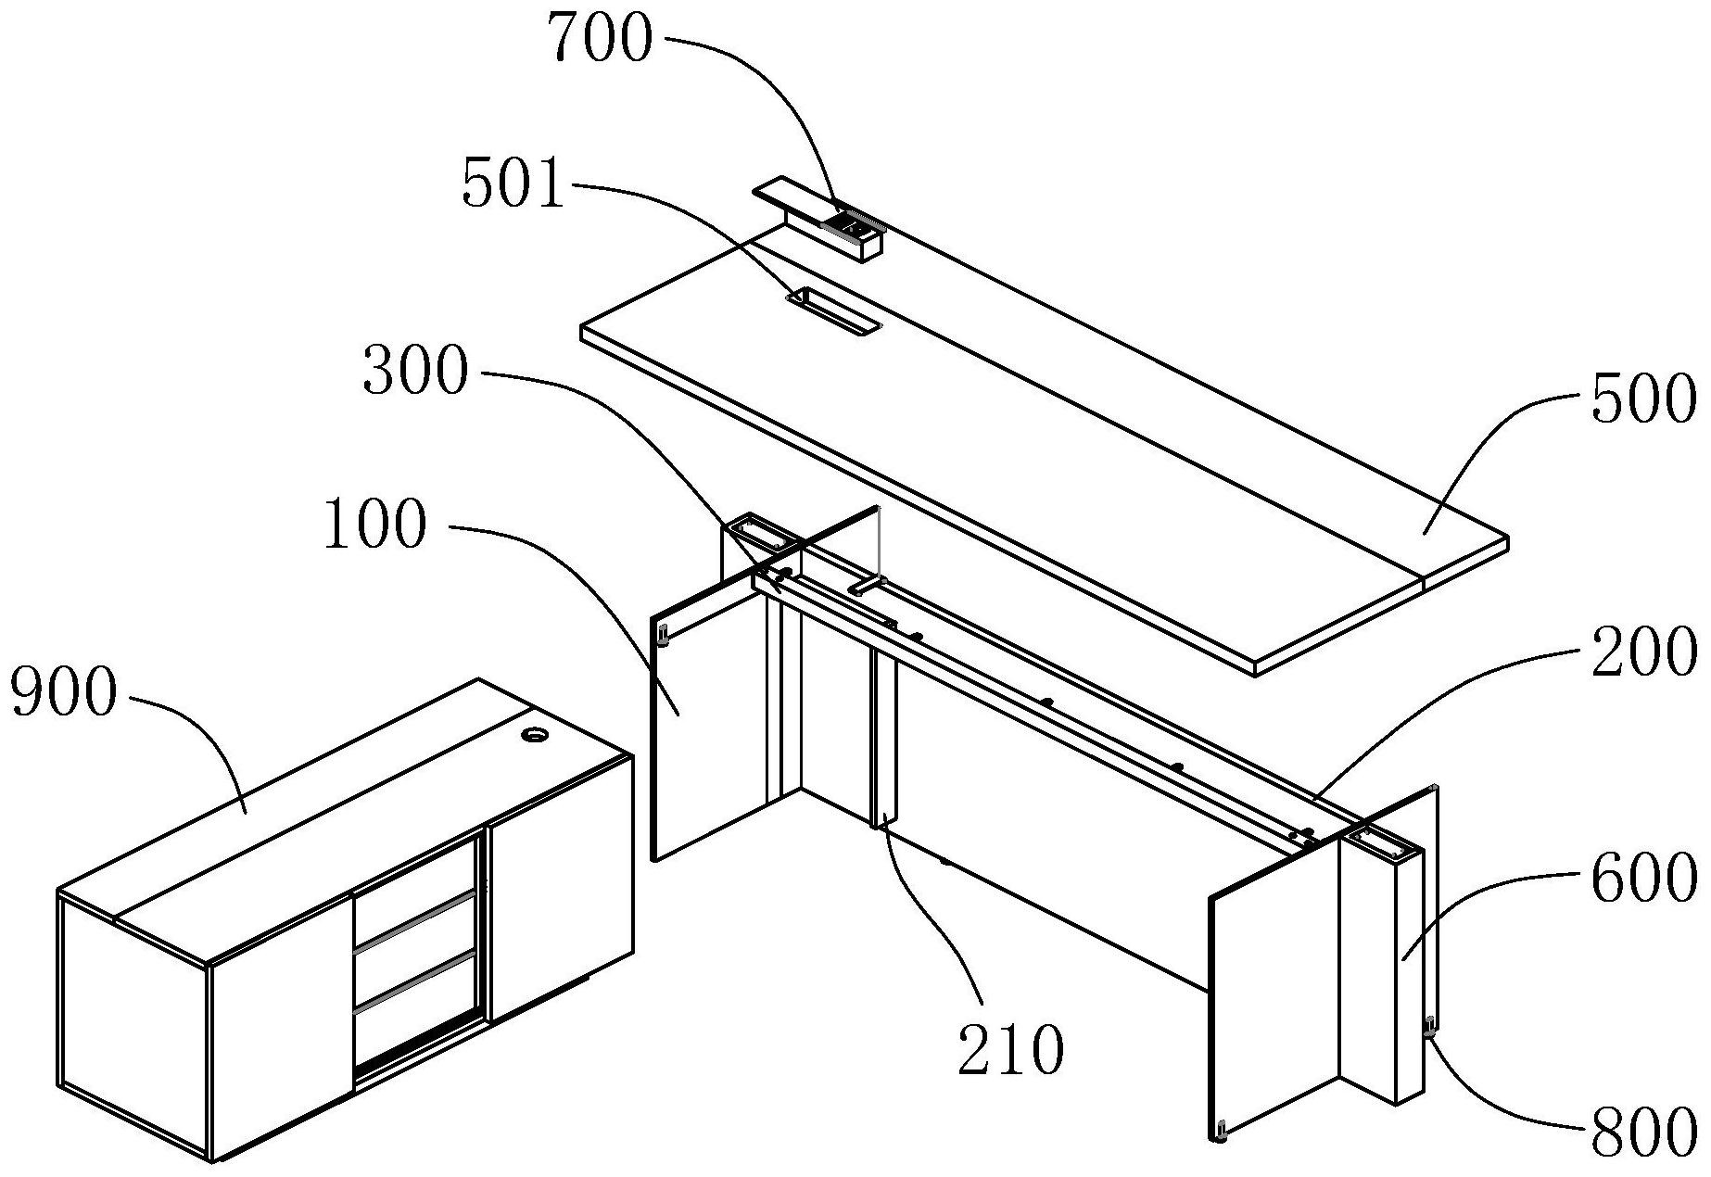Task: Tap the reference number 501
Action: click(x=513, y=185)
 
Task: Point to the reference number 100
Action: click(x=375, y=525)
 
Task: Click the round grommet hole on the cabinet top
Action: click(x=535, y=736)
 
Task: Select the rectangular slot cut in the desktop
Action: click(x=832, y=313)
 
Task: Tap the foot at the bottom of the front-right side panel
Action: click(x=1223, y=1133)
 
